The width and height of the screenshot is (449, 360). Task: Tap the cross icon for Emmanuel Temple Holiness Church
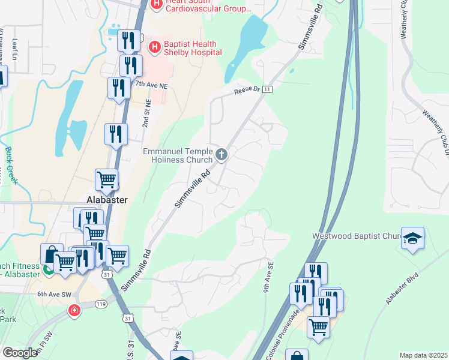click(221, 155)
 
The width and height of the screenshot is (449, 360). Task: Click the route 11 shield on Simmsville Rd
click(268, 89)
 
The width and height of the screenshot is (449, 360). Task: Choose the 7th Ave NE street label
click(150, 85)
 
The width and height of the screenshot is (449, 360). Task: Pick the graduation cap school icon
click(413, 238)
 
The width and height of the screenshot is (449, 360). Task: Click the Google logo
click(20, 353)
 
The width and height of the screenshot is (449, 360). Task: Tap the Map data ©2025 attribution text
click(423, 355)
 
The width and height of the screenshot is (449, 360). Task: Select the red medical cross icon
click(73, 311)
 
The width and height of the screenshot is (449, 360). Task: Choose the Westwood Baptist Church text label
click(356, 236)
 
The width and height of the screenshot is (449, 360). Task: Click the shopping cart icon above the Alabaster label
click(106, 178)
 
